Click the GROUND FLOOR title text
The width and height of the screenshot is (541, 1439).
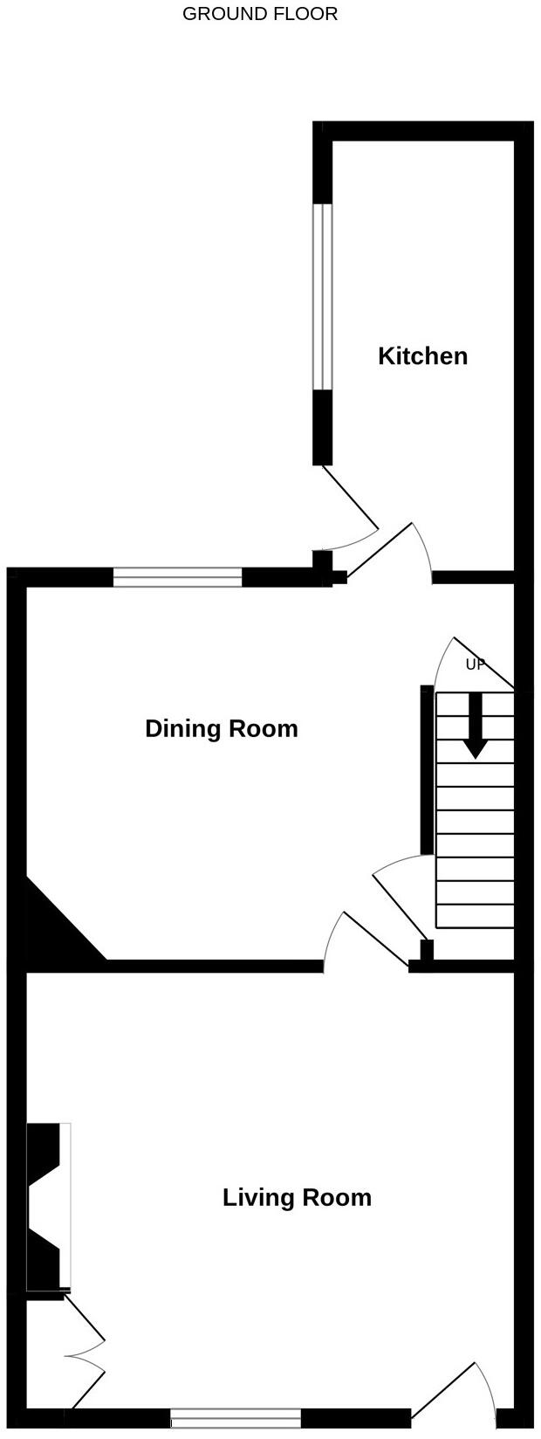click(260, 14)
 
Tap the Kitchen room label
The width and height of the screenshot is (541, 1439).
click(422, 356)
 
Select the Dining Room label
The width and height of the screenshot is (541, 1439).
click(221, 728)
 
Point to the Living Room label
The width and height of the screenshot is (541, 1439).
click(297, 1197)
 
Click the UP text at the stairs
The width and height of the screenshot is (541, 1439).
click(475, 664)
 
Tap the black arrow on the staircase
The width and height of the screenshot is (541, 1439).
click(475, 726)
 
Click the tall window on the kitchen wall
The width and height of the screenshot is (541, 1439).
click(323, 297)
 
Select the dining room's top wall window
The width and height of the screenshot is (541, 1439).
click(177, 577)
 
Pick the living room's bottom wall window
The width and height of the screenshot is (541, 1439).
click(236, 1419)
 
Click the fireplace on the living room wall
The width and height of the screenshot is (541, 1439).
click(48, 1206)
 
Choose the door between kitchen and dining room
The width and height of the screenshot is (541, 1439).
click(384, 550)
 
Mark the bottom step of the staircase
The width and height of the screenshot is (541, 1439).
click(475, 916)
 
